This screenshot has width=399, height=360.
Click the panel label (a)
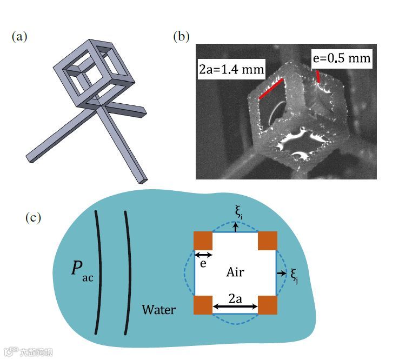(19, 37)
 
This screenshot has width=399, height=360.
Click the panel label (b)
(181, 37)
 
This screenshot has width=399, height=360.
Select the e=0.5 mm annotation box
(340, 58)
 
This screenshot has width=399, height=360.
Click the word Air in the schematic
(235, 272)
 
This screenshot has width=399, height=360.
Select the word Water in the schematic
(159, 310)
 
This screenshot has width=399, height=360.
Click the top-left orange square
(203, 241)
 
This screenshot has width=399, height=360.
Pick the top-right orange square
(268, 241)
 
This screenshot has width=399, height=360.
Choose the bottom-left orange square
(203, 305)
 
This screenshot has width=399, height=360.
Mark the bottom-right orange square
(268, 305)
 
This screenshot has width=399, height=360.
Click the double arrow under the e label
(203, 255)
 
